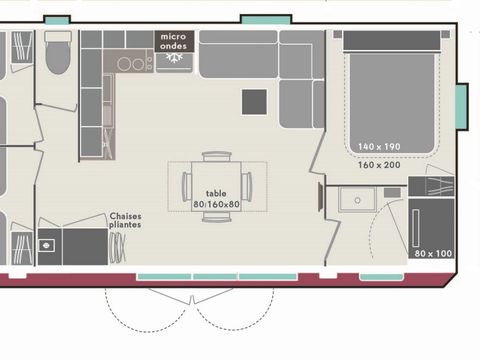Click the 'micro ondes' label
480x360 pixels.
click(173, 40)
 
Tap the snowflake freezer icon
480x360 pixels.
click(173, 60)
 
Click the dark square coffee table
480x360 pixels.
click(254, 101)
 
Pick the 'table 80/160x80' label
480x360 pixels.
click(216, 198)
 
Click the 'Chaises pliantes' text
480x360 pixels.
click(124, 219)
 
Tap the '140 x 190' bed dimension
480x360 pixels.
click(379, 147)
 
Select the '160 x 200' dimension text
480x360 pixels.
click(379, 165)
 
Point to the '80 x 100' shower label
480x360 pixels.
click(431, 252)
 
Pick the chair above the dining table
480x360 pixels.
click(216, 159)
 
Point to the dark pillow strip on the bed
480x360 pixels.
click(393, 40)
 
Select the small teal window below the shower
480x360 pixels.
click(382, 276)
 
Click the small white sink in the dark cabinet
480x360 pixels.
click(45, 245)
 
